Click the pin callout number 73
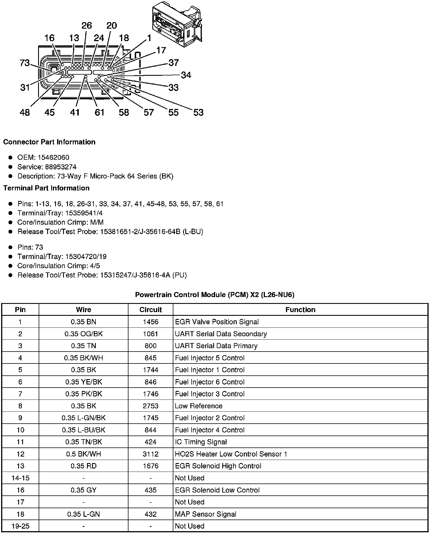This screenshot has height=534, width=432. (25, 63)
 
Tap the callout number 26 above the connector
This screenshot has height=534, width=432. (87, 26)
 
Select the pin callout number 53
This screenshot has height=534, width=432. (198, 112)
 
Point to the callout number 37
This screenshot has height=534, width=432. (173, 63)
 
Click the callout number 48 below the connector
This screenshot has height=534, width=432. (25, 112)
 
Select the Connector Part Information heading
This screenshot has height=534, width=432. (49, 142)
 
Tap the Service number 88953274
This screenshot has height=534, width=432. (61, 167)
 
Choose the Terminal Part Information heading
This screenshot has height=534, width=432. (46, 188)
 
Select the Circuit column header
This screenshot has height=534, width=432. (150, 310)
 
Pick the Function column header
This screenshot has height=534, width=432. (300, 310)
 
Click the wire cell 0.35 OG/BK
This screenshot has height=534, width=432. (84, 334)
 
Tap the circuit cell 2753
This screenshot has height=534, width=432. (150, 406)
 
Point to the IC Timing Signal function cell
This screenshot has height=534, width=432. (201, 442)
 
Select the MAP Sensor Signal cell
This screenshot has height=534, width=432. (205, 514)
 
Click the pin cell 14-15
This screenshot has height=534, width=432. (20, 478)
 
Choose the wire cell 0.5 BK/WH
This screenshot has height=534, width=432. (84, 454)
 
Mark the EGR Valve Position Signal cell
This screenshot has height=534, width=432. (217, 322)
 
